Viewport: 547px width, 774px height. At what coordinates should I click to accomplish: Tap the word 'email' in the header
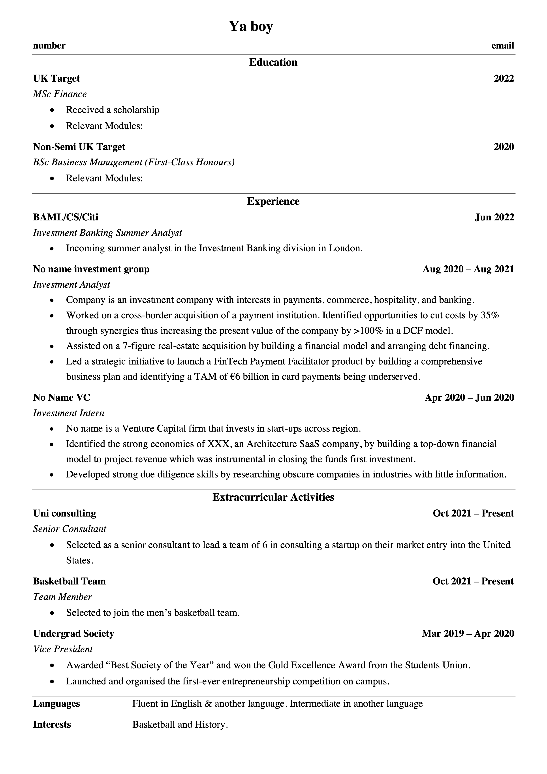tap(502, 45)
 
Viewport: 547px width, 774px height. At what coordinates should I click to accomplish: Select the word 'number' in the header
tap(49, 45)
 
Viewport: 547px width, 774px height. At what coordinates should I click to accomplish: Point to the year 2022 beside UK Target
tap(504, 79)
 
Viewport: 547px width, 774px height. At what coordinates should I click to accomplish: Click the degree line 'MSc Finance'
tap(60, 94)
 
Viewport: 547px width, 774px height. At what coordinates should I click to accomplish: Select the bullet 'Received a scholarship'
tap(113, 110)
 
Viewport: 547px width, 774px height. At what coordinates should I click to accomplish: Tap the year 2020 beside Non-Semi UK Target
tap(504, 147)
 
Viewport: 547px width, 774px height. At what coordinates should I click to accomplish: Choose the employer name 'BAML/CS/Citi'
tap(66, 217)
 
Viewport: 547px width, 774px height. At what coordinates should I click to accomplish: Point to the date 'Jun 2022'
tap(494, 217)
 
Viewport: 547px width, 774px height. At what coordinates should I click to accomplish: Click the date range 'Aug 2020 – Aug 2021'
tap(468, 269)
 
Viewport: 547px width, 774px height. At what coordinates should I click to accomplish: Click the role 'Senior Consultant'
tap(70, 529)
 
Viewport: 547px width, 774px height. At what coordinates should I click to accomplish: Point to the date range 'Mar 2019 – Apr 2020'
tap(468, 633)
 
